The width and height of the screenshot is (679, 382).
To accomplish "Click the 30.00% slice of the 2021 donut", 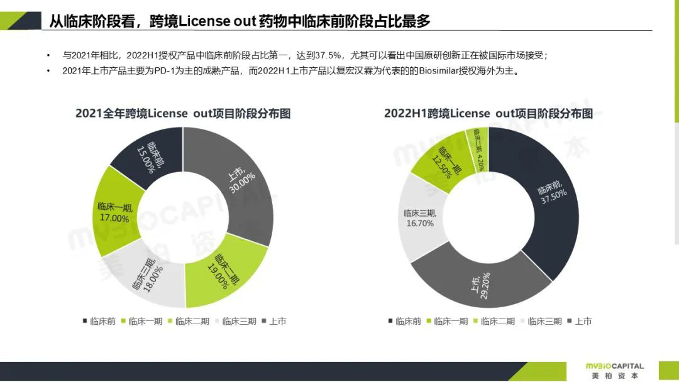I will pyautogui.click(x=242, y=179).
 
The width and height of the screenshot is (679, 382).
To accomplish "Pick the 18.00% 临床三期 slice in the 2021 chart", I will pyautogui.click(x=148, y=276).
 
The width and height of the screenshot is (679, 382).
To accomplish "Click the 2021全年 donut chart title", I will pyautogui.click(x=183, y=114).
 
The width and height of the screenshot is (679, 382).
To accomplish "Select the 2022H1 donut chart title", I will pyautogui.click(x=489, y=114).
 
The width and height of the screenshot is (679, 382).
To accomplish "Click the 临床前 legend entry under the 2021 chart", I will pyautogui.click(x=99, y=321).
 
